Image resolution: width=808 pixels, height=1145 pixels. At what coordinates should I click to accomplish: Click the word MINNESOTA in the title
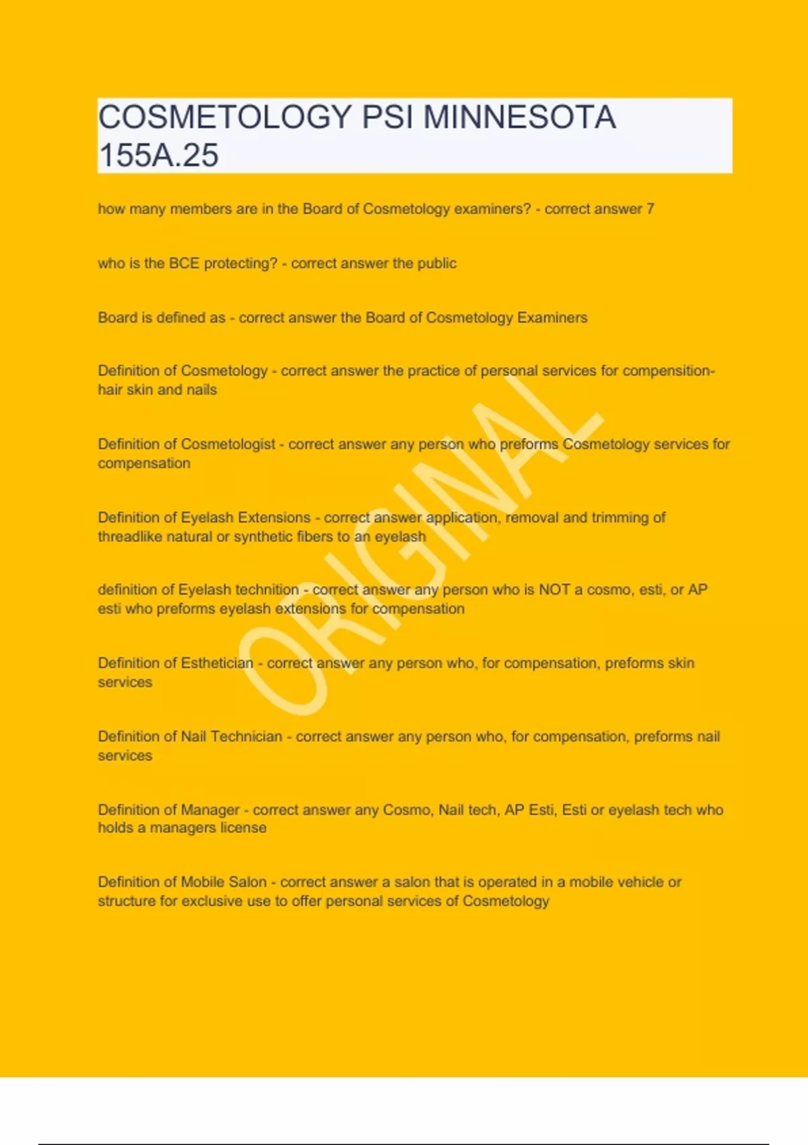[x=519, y=117]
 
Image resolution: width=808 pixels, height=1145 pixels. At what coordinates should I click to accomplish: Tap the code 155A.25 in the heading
[x=158, y=155]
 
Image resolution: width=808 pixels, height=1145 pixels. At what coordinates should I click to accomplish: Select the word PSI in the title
[x=388, y=117]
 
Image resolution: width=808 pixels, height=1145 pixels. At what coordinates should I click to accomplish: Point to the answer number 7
[x=650, y=209]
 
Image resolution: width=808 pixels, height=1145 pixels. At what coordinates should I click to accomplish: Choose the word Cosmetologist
[x=228, y=444]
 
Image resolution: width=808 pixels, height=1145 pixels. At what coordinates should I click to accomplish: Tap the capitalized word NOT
[x=554, y=589]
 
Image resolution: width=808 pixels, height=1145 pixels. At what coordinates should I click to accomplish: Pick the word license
[x=243, y=828]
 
